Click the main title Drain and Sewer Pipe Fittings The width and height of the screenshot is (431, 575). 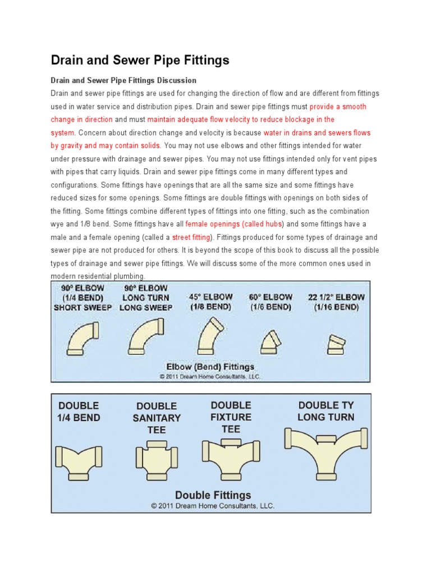tap(140, 60)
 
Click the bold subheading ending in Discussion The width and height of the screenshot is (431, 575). tap(123, 80)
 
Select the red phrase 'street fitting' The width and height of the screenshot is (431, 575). tap(191, 238)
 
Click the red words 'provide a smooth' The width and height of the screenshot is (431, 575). tap(338, 106)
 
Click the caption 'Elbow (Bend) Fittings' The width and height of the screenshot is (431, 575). tap(210, 367)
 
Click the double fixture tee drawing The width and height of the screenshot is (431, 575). tap(231, 453)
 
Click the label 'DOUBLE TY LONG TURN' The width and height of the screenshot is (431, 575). tap(326, 411)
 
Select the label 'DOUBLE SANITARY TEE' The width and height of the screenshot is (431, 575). tap(157, 418)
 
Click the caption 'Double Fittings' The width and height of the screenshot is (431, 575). tap(213, 495)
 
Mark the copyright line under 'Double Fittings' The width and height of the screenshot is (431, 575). tap(213, 506)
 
